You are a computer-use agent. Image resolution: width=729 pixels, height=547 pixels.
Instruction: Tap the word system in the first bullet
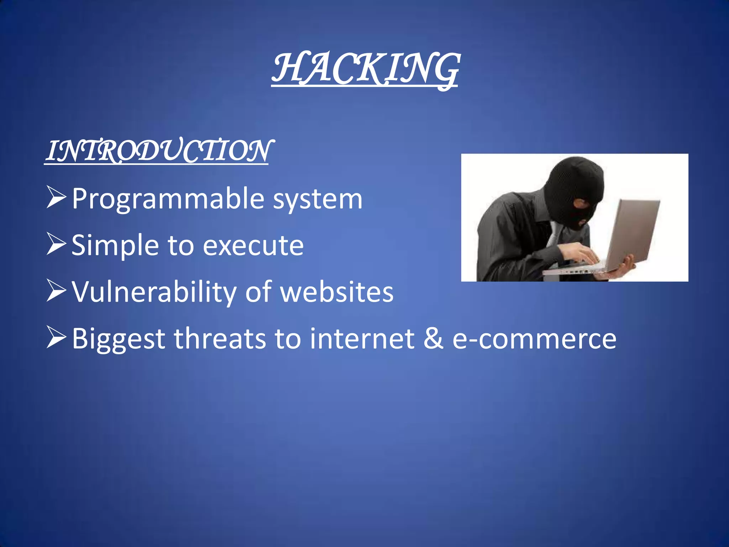pyautogui.click(x=318, y=199)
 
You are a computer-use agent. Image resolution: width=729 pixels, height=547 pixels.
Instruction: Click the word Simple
pyautogui.click(x=115, y=246)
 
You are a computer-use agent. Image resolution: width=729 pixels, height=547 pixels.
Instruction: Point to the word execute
pyautogui.click(x=253, y=246)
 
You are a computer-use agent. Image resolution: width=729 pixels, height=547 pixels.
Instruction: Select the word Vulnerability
pyautogui.click(x=154, y=292)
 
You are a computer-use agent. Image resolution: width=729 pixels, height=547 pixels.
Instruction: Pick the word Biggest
pyautogui.click(x=119, y=339)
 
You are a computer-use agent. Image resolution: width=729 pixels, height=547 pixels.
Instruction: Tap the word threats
pyautogui.click(x=220, y=338)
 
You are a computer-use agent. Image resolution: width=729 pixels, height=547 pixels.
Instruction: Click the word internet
pyautogui.click(x=362, y=338)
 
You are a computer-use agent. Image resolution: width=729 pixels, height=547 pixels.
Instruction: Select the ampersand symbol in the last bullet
pyautogui.click(x=433, y=338)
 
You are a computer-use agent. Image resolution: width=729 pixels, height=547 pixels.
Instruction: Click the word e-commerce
pyautogui.click(x=534, y=339)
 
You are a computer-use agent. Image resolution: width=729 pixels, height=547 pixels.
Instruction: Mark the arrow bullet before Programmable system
pyautogui.click(x=56, y=198)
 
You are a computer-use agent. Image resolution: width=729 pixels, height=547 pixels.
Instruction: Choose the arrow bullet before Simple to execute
pyautogui.click(x=56, y=245)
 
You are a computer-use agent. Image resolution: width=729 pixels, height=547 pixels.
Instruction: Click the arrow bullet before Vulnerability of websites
pyautogui.click(x=56, y=292)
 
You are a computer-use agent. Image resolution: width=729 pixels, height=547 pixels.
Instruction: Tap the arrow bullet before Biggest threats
pyautogui.click(x=56, y=338)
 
